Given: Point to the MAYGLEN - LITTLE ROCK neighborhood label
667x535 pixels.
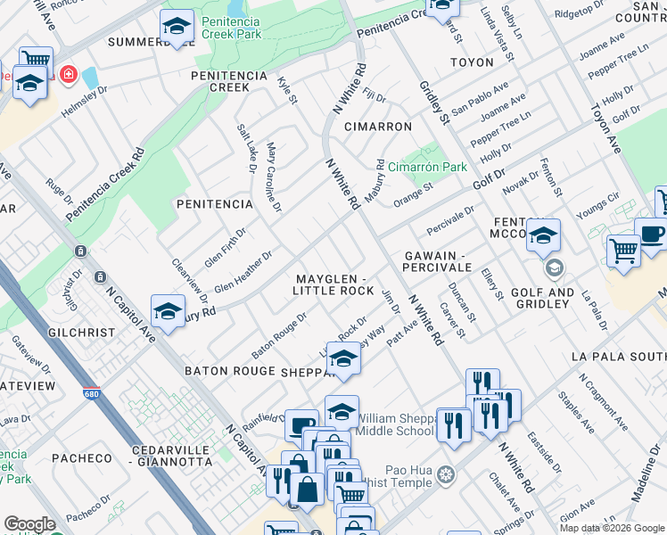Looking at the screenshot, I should [x=334, y=285].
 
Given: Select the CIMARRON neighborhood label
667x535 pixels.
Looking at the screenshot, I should [x=378, y=127].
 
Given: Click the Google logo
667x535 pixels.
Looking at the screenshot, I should [x=29, y=524].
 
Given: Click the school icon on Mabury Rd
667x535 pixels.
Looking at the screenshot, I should [x=168, y=310].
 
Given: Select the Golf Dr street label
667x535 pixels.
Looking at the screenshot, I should [x=488, y=175].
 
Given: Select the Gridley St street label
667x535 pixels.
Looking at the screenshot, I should [x=432, y=103].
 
